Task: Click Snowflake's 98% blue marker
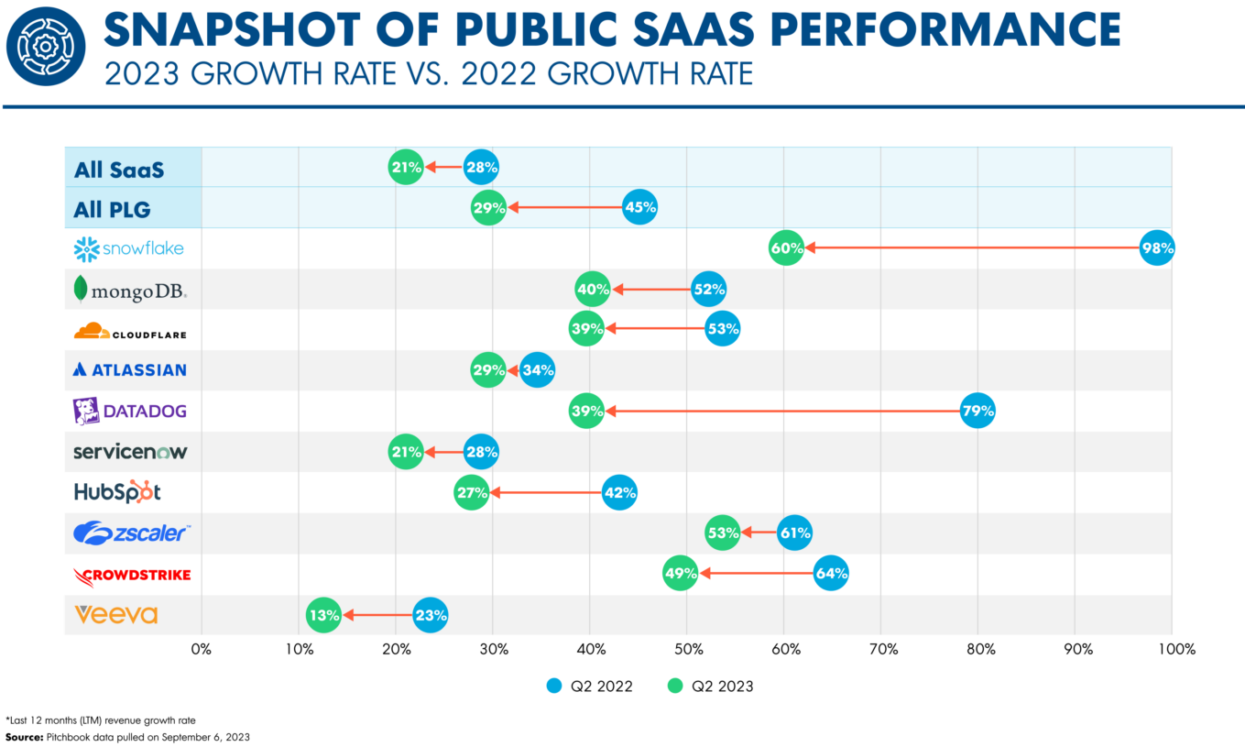point(1157,248)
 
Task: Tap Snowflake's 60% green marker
point(787,248)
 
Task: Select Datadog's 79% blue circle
point(977,412)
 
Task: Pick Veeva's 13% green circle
point(324,615)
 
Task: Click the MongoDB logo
point(130,290)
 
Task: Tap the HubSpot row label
point(117,491)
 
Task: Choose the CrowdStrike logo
point(132,576)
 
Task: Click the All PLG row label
point(112,209)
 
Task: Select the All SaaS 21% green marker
point(406,167)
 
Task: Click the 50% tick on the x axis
point(687,649)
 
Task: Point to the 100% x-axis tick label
point(1176,649)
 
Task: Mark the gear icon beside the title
point(45,47)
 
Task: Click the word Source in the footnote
point(24,737)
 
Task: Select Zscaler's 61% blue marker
point(794,533)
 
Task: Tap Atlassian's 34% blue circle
point(537,370)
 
